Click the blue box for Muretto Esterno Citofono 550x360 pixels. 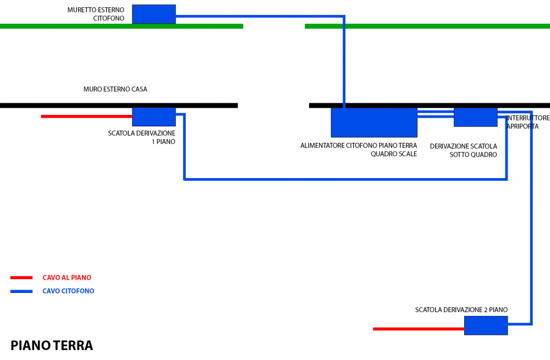(154, 14)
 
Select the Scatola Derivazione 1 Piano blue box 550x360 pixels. (154, 117)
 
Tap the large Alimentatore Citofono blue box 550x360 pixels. (374, 122)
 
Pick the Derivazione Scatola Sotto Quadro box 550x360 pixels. (475, 117)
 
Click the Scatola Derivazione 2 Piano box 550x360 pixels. (486, 325)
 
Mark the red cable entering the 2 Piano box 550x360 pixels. (418, 329)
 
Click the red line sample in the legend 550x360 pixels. (21, 278)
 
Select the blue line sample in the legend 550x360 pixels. (21, 291)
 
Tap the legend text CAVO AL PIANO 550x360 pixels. (67, 278)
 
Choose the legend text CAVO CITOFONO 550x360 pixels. (68, 291)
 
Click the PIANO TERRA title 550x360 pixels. (52, 346)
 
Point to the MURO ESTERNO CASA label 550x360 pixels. (116, 89)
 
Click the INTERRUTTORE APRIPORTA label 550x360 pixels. (527, 122)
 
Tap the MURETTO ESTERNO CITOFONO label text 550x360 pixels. (96, 14)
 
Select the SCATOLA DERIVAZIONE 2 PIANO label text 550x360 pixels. (461, 310)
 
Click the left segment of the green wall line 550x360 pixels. (121, 26)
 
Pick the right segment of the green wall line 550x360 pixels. (427, 26)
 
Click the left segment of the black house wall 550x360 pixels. (118, 105)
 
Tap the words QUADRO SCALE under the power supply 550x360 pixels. (394, 154)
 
